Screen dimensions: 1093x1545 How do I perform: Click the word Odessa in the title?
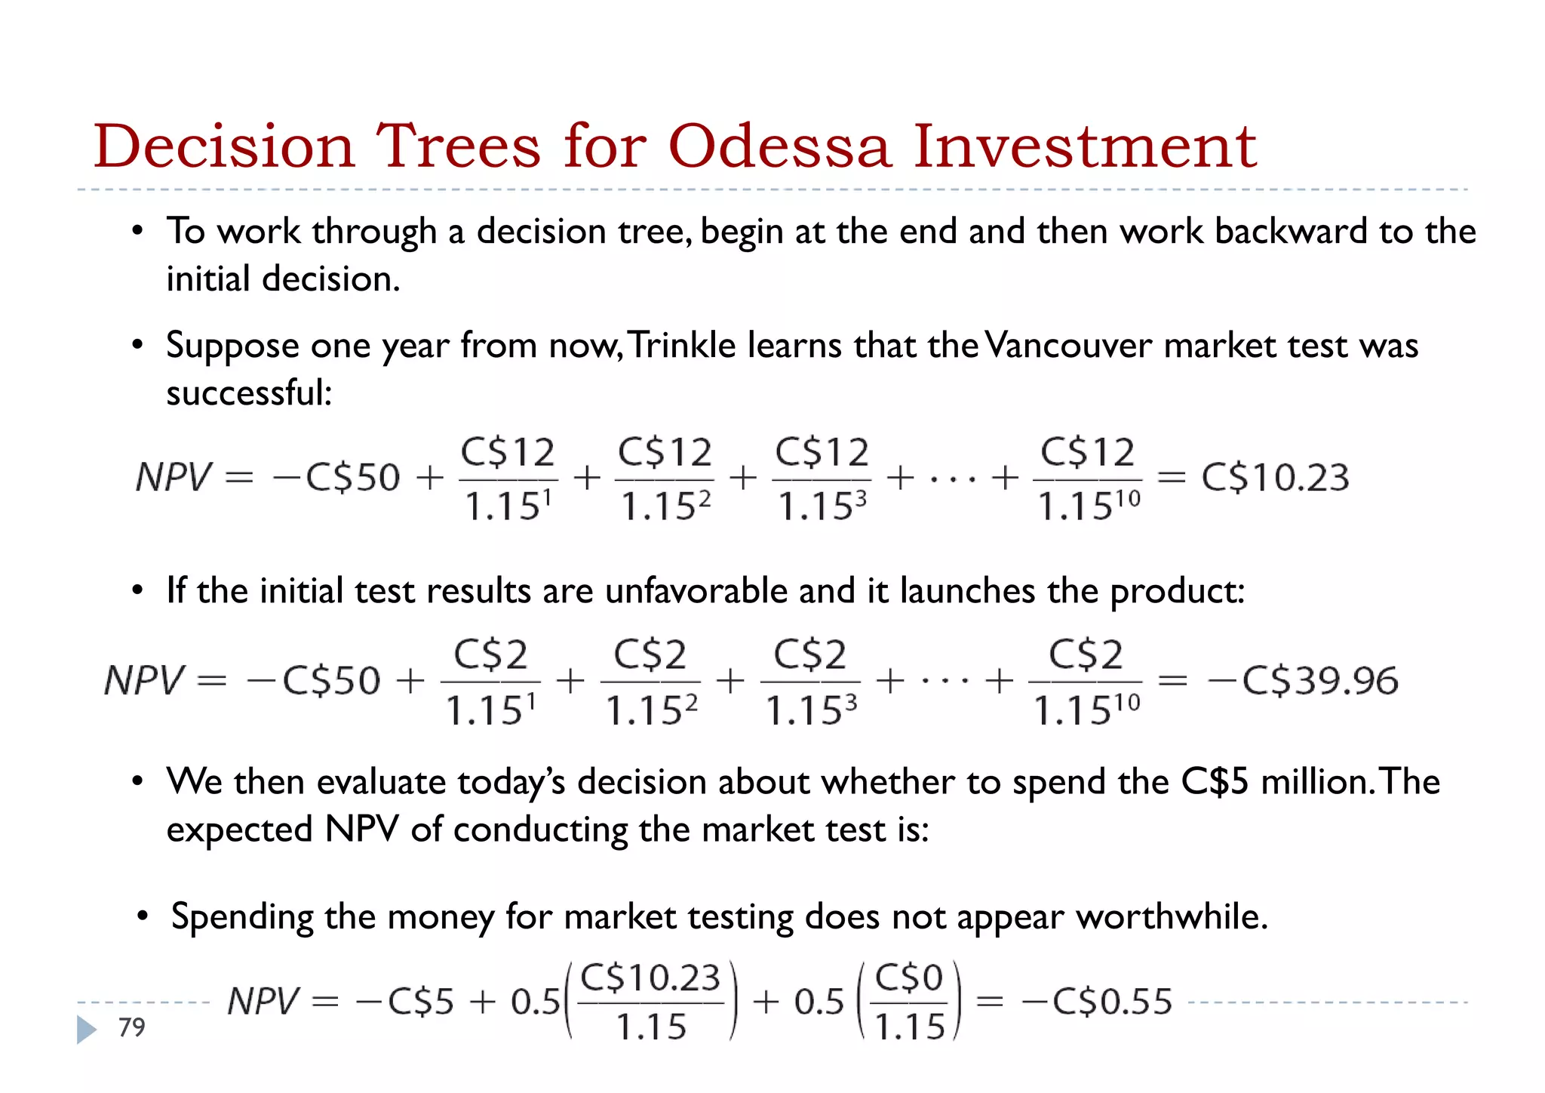point(779,146)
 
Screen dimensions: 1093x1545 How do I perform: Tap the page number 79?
point(131,1027)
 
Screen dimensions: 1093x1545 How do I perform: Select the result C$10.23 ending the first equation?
point(1275,477)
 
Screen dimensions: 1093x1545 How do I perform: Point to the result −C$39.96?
point(1303,680)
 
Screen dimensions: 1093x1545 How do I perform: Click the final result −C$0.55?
point(1097,1002)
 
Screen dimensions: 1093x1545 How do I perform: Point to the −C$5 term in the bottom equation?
point(405,1002)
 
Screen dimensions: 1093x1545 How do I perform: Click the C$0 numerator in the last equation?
point(909,978)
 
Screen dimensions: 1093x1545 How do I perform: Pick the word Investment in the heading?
point(1085,146)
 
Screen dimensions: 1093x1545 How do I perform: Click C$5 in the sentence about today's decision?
point(1215,781)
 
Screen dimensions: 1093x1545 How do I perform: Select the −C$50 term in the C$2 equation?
point(313,680)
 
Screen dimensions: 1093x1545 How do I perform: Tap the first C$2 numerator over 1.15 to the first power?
point(490,654)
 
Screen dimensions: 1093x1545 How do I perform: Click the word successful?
point(248,393)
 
